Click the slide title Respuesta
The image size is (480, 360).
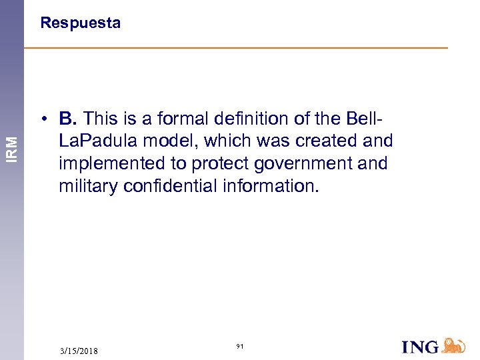(80, 23)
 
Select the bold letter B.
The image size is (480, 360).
(67, 119)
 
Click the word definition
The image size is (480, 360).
(245, 119)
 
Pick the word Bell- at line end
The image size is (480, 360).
(365, 119)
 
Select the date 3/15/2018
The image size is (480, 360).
(79, 351)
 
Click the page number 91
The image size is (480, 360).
(240, 347)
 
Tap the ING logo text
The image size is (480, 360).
(420, 346)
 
